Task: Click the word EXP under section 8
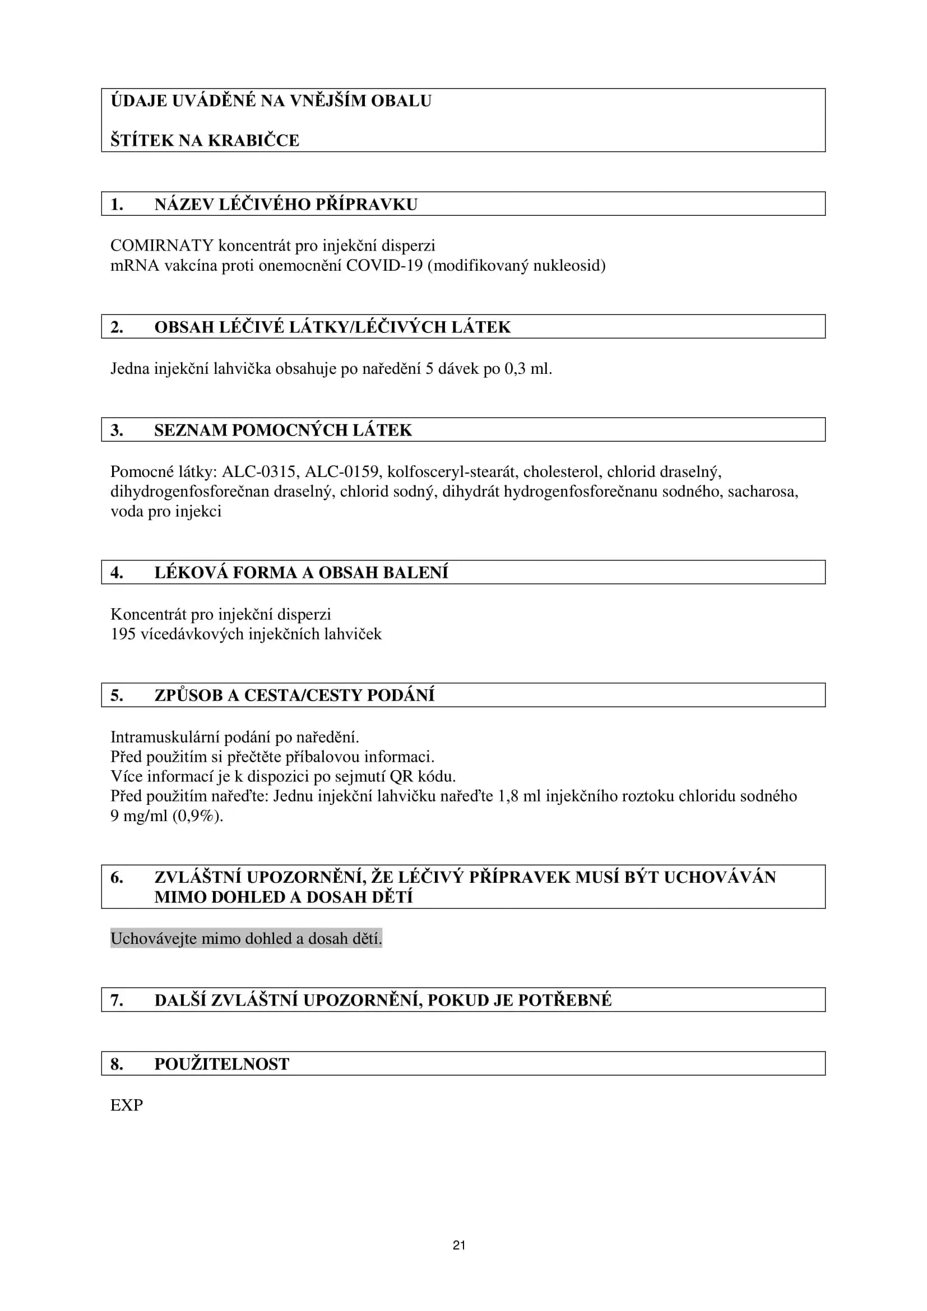point(126,1105)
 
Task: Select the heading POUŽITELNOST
point(221,1064)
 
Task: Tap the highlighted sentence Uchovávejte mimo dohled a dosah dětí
point(246,938)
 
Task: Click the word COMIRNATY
point(161,245)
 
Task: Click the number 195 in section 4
point(122,634)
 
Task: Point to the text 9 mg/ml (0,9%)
point(166,816)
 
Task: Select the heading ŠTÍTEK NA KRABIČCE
point(205,140)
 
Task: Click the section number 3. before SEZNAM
point(117,430)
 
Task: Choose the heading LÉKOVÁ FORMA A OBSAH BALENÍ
point(301,572)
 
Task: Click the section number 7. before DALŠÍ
point(117,1000)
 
